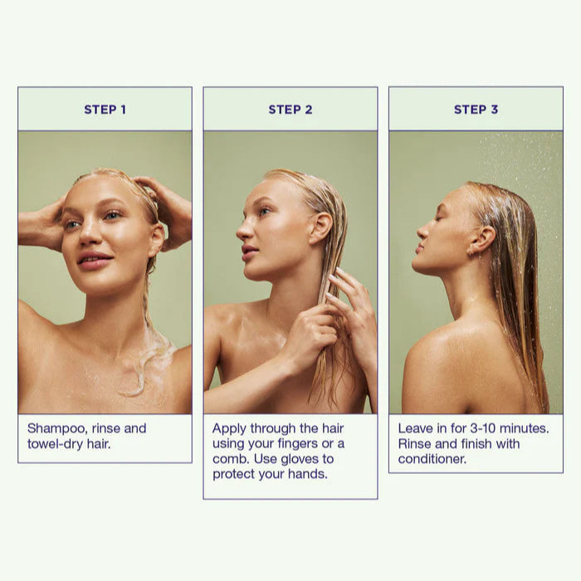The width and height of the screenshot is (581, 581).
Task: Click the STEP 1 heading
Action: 105,110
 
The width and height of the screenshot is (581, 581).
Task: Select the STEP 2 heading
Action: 290,110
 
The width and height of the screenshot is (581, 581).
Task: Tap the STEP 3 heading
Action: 476,110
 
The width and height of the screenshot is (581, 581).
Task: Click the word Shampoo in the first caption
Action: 58,429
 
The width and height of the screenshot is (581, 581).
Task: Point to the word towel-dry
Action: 56,444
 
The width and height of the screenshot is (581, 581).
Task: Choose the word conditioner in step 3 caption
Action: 432,459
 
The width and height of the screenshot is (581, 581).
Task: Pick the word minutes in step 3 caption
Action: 525,429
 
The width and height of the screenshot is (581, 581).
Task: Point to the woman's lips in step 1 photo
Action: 95,260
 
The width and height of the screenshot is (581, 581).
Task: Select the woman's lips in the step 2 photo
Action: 249,252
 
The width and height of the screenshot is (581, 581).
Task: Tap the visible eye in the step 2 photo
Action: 264,211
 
